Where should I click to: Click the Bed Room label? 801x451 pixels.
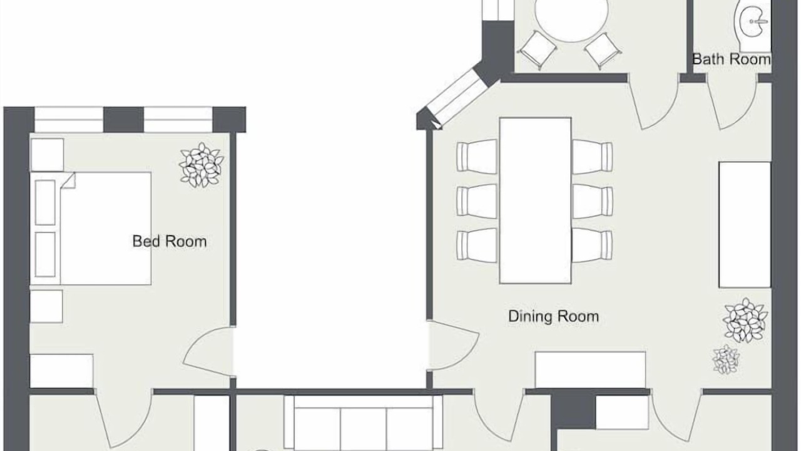pos(170,241)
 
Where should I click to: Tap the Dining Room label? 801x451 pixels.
pos(554,316)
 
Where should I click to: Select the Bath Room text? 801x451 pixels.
pos(732,59)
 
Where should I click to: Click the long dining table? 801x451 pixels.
pos(535,201)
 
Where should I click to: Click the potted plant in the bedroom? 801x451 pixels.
pos(202,165)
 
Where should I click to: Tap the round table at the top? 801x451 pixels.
pos(571,19)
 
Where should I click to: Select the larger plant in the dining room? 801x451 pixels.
pos(745,321)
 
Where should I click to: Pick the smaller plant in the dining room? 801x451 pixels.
pos(726,360)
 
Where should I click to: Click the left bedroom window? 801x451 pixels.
pos(69,120)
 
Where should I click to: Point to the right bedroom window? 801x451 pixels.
pos(178,120)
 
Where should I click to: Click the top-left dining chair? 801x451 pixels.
pos(477,157)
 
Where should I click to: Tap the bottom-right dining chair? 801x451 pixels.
pos(592,246)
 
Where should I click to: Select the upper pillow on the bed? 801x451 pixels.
pos(45,202)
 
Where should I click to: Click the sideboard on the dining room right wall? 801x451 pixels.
pos(745,225)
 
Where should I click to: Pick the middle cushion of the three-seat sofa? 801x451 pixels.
pos(364,430)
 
